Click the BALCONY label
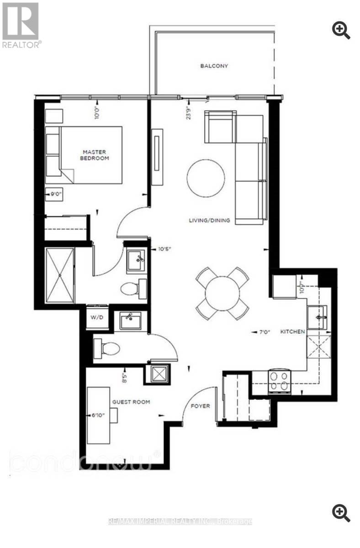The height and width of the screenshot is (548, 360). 214,66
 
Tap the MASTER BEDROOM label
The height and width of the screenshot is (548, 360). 95,155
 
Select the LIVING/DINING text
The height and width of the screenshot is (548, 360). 209,221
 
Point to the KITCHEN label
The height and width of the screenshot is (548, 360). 292,332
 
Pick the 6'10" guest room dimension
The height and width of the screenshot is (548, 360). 98,416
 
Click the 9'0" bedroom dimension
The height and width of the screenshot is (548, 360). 55,194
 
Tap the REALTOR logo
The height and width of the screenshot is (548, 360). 21,25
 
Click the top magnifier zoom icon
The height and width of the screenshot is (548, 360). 341,30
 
